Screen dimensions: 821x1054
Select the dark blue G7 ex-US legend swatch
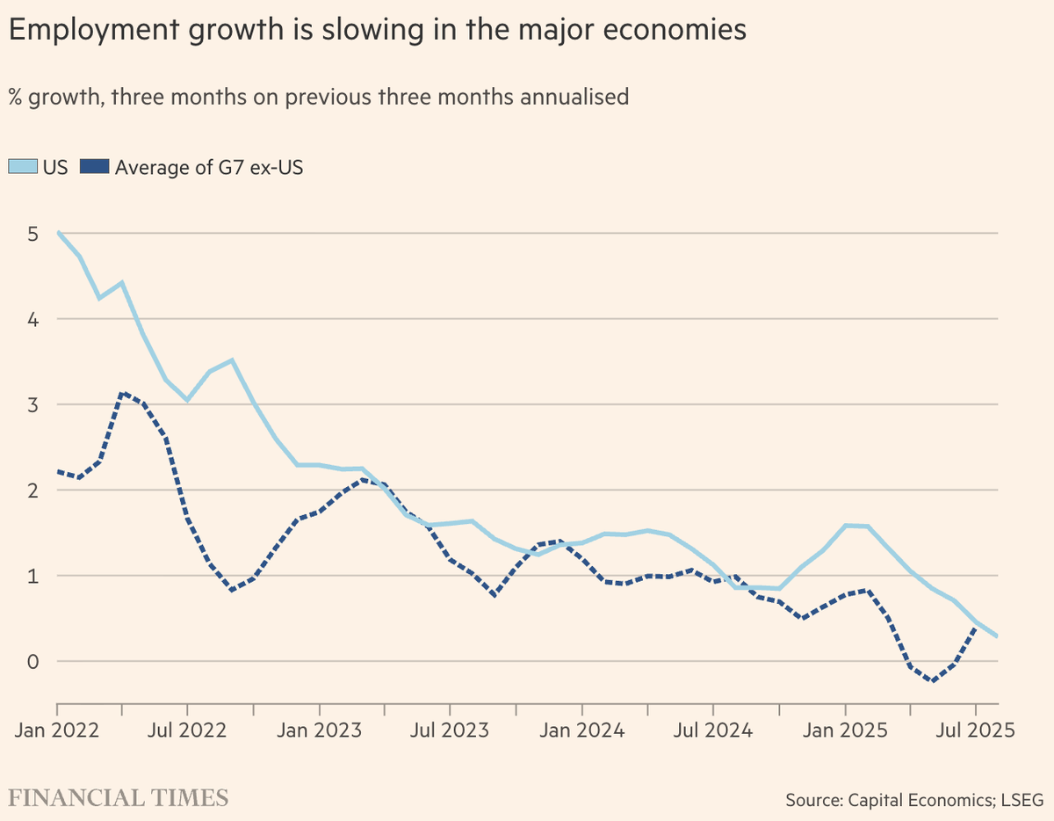[93, 167]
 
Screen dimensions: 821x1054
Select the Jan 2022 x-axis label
[56, 730]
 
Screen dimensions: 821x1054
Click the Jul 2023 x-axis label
[450, 730]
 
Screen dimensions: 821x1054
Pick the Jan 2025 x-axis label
[845, 730]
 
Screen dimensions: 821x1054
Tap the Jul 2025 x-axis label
[976, 730]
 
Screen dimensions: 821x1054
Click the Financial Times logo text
[119, 797]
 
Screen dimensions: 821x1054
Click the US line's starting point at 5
[57, 233]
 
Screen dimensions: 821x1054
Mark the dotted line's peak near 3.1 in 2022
[123, 393]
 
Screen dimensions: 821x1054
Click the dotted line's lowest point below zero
[933, 681]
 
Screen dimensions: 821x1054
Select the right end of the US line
[997, 636]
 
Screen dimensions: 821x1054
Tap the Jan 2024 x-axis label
[581, 730]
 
